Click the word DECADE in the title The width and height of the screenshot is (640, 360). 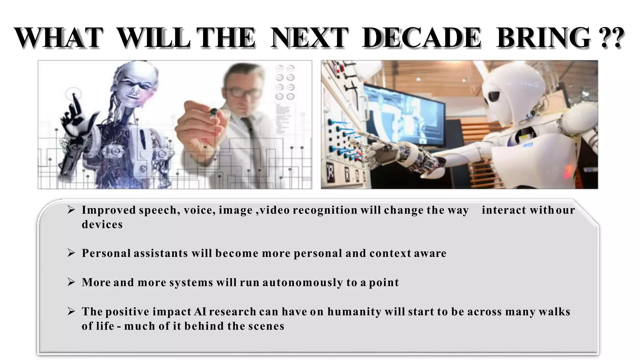(421, 38)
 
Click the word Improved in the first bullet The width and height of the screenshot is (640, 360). (109, 210)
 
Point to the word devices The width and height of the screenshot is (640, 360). (102, 224)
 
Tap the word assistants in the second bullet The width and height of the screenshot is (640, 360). (161, 253)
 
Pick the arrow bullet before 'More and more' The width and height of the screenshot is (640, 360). (71, 282)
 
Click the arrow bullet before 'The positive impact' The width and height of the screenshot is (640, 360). (71, 312)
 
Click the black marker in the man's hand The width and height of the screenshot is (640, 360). (214, 111)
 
